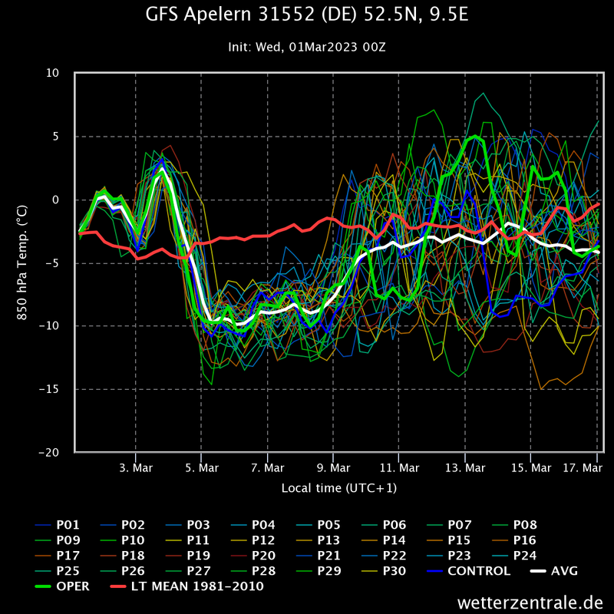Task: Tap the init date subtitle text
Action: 306,47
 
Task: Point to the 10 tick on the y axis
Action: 53,74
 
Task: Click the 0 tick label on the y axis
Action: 56,200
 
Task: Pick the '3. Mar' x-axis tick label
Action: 136,467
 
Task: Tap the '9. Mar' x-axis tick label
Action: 332,467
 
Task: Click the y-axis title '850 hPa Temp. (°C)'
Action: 23,262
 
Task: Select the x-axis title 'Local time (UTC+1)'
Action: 338,488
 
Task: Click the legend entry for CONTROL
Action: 478,571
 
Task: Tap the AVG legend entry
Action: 564,571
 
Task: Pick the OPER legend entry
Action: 73,586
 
